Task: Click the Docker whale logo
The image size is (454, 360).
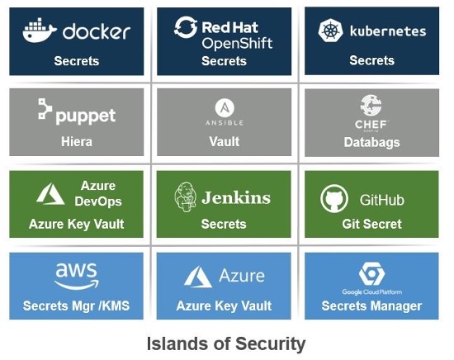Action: (40, 31)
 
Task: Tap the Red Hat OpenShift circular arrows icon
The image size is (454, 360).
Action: (186, 28)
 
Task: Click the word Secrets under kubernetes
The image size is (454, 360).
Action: (371, 60)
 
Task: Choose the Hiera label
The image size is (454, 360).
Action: (76, 141)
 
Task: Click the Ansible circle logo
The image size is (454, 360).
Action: (224, 107)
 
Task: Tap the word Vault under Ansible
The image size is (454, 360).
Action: (224, 141)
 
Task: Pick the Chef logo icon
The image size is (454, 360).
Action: (371, 105)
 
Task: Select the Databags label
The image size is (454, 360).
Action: (371, 142)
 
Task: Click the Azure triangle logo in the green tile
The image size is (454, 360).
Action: (51, 194)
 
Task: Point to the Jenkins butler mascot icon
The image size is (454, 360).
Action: (185, 197)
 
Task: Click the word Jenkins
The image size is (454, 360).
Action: (236, 198)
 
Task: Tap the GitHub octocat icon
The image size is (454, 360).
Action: (333, 198)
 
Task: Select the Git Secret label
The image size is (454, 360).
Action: (371, 224)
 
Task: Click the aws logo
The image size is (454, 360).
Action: (76, 273)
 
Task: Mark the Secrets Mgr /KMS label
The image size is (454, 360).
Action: (76, 306)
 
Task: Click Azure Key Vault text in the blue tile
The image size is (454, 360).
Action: (224, 306)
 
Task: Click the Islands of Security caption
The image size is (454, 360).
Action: (226, 343)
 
